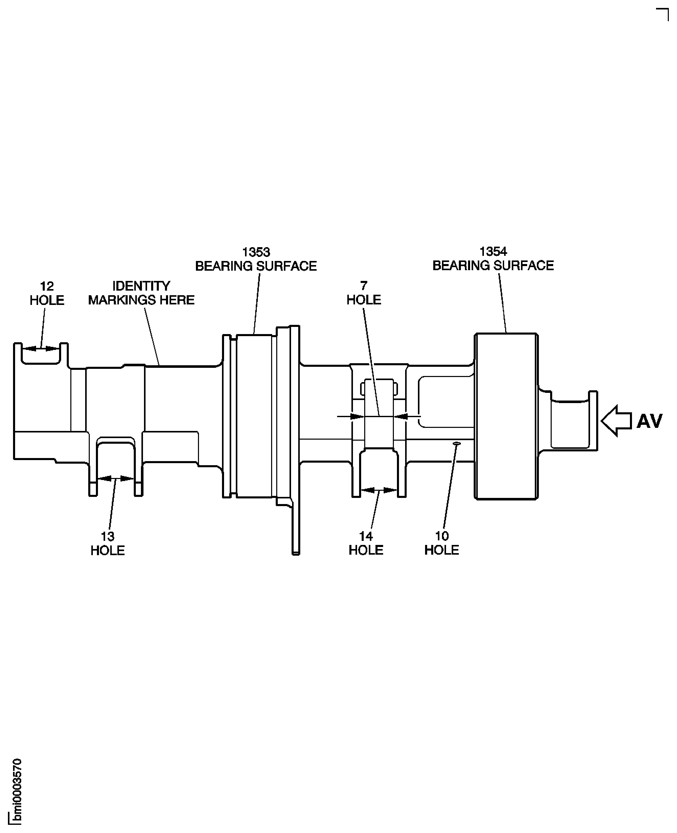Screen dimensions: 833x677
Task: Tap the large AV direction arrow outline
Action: point(616,421)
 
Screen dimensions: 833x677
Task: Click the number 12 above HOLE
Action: point(47,287)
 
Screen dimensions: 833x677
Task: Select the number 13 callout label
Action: point(108,537)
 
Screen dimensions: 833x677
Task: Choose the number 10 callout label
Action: point(442,536)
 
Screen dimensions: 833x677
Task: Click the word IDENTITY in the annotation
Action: point(141,286)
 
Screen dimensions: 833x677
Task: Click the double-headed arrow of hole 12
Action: point(41,348)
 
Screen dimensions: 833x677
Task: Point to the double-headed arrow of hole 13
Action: point(115,478)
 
